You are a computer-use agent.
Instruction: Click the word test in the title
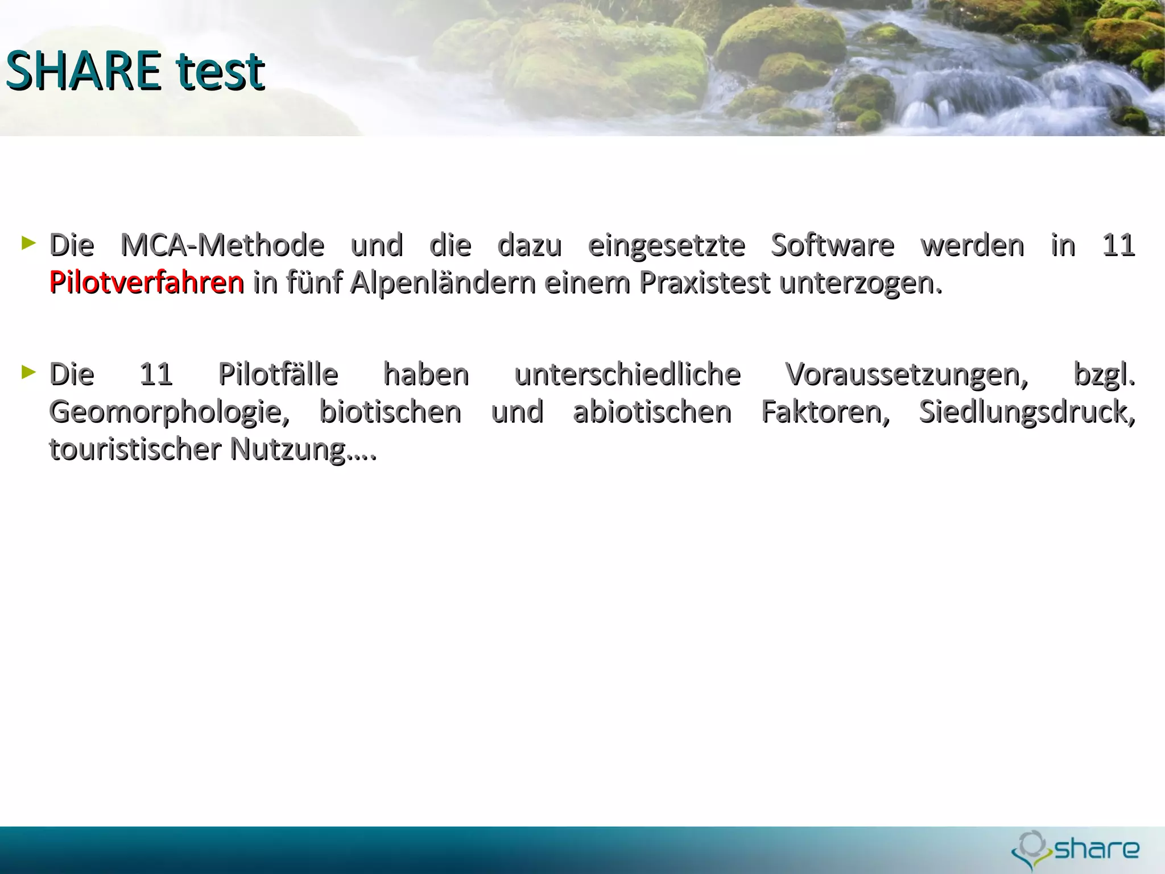(221, 72)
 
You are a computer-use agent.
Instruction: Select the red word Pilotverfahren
(147, 282)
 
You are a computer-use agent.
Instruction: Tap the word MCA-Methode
(222, 245)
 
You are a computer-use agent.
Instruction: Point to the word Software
(832, 245)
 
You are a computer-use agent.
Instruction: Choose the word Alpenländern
(443, 283)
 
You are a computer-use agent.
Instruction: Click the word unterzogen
(860, 283)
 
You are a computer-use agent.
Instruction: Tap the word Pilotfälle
(278, 374)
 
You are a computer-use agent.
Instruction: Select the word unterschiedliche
(627, 374)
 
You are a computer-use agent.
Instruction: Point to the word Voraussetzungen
(907, 376)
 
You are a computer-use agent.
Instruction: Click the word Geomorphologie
(170, 413)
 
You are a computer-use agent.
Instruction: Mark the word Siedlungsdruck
(1027, 412)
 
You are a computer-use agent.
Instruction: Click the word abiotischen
(652, 412)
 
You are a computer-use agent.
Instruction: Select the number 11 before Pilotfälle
(156, 374)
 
